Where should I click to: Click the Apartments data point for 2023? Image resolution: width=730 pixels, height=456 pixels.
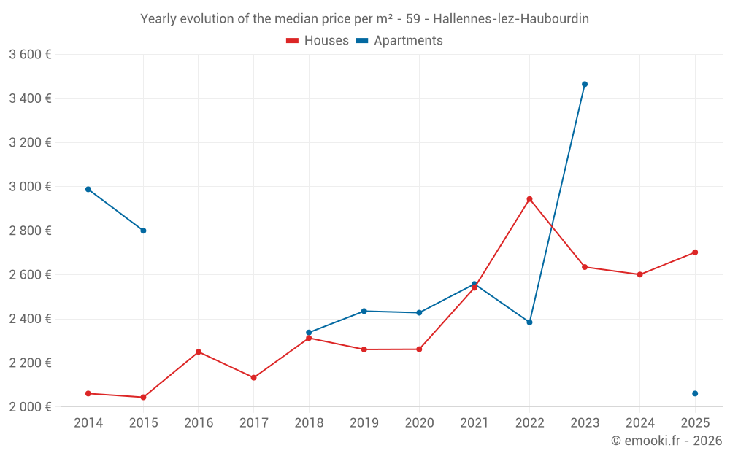tap(585, 84)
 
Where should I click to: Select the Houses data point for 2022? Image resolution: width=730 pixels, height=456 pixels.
tap(529, 198)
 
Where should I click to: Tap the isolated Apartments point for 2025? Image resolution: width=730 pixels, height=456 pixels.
tap(695, 393)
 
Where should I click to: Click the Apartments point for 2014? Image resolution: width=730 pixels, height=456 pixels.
tap(88, 189)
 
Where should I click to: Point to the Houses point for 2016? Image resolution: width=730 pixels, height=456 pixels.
tap(199, 352)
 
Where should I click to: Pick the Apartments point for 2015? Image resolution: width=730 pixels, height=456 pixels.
tap(143, 231)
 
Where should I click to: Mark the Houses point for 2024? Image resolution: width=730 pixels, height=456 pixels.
tap(639, 274)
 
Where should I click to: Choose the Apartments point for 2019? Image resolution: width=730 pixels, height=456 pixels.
tap(364, 311)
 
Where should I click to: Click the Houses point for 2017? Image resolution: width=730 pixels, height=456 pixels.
tap(253, 377)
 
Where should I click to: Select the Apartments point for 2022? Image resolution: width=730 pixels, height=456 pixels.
tap(529, 322)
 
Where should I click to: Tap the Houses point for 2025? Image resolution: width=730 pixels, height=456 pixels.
tap(695, 252)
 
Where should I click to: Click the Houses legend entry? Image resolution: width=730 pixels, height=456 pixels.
tap(318, 41)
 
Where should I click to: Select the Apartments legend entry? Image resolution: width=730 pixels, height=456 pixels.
tap(399, 41)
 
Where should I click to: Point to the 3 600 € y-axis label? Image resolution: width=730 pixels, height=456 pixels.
tap(30, 54)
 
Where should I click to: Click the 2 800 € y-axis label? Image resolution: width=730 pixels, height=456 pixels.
tap(30, 231)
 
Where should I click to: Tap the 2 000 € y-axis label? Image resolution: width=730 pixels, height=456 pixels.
tap(30, 406)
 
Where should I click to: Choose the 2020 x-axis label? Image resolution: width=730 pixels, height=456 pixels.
tap(419, 423)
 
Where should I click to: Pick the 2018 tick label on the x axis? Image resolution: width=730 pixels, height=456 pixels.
tap(309, 423)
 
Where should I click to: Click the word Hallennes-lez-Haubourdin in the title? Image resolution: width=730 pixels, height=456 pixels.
tap(511, 19)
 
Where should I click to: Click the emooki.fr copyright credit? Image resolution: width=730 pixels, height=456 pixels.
tap(666, 441)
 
